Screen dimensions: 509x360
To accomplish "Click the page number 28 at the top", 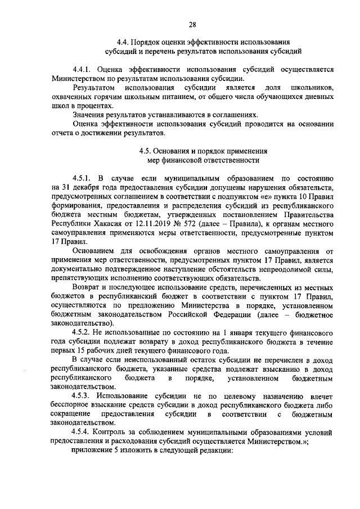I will pyautogui.click(x=192, y=24).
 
